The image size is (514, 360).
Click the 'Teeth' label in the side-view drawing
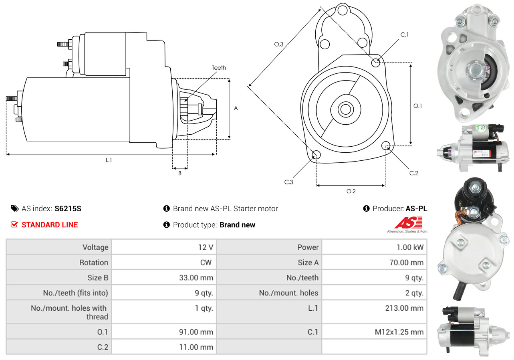[x=219, y=68]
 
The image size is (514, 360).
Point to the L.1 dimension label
[x=109, y=160]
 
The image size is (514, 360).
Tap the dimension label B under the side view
[x=180, y=174]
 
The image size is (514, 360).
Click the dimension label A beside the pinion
[x=236, y=108]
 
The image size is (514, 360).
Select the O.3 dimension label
[x=278, y=44]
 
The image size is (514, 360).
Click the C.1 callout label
[x=405, y=34]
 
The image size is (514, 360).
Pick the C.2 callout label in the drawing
[x=413, y=173]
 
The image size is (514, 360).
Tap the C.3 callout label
[x=289, y=182]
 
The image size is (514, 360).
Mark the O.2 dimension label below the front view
[x=351, y=191]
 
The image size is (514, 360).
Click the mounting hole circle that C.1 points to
[x=376, y=63]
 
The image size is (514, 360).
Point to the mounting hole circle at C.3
[x=316, y=155]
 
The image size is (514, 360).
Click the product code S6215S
[x=68, y=208]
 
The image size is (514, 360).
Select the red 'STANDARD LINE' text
[x=50, y=225]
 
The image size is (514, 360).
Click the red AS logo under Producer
[x=408, y=223]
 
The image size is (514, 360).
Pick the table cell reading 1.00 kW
[x=374, y=247]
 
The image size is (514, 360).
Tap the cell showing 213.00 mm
[x=374, y=308]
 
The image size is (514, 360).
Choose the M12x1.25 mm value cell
[x=374, y=332]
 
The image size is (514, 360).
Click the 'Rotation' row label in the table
[x=58, y=263]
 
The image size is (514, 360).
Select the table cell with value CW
[x=164, y=263]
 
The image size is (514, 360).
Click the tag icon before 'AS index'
[x=14, y=208]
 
